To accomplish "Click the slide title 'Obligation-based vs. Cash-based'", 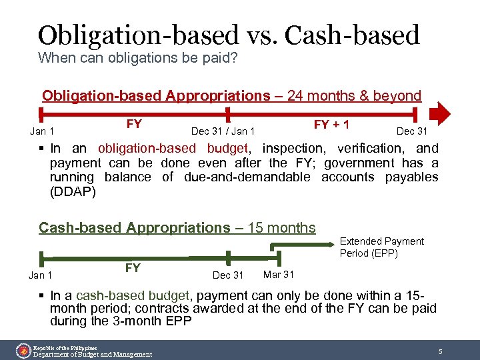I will tap(229, 35).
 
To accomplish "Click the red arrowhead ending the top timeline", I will tap(441, 113).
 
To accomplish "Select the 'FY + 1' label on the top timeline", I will tap(332, 125).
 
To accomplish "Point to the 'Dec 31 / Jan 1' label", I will tap(223, 131).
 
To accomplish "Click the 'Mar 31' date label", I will tap(279, 274).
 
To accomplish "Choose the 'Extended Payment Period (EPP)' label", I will tap(381, 247).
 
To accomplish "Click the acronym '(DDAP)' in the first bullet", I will tap(73, 192).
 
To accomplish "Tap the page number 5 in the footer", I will tap(440, 351).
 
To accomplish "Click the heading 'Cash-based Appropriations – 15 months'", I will tap(177, 228).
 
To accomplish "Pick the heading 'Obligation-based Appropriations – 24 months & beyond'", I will tap(231, 95).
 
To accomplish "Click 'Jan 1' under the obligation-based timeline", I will tap(42, 131).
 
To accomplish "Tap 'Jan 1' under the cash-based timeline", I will tap(41, 275).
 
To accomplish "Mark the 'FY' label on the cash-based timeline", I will tap(133, 268).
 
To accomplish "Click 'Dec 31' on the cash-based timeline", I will tap(227, 275).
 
